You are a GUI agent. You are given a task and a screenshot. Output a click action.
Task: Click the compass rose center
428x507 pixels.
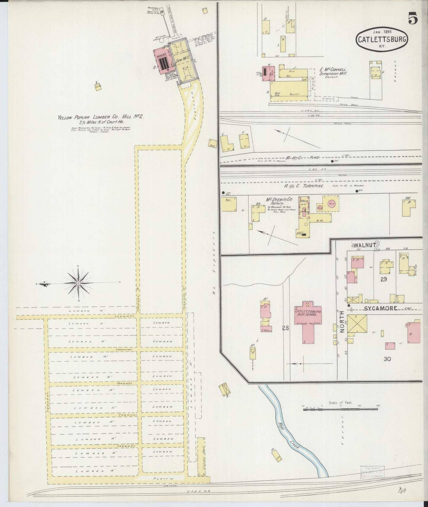pyautogui.click(x=78, y=283)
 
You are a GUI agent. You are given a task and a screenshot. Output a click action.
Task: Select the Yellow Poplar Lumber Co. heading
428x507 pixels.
pyautogui.click(x=101, y=117)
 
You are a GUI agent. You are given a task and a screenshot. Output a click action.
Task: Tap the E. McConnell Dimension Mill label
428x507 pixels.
pyautogui.click(x=333, y=72)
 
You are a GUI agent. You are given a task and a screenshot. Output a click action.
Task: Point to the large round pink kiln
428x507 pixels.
pyautogui.click(x=332, y=204)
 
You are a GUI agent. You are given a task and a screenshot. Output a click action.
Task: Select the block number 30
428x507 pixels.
pyautogui.click(x=387, y=359)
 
